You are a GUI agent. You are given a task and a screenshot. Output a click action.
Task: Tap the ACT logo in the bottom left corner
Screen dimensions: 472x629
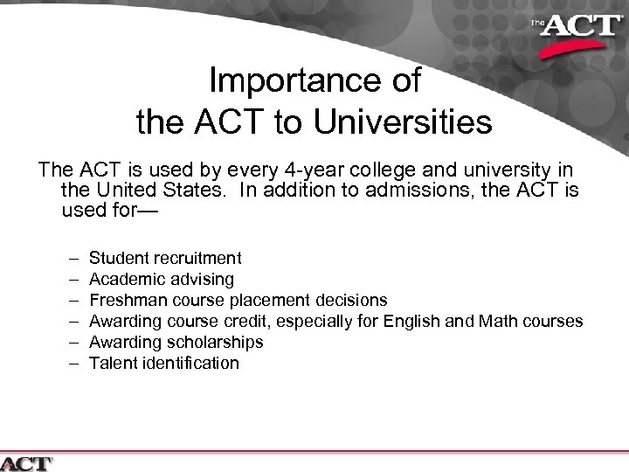[28, 462]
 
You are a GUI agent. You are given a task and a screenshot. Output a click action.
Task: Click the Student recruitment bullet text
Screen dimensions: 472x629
[165, 258]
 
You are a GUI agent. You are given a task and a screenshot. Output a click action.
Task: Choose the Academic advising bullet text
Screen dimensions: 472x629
[162, 279]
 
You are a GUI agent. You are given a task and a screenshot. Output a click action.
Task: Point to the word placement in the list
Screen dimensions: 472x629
[259, 300]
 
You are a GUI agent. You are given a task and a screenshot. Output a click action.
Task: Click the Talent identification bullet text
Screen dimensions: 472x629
[163, 363]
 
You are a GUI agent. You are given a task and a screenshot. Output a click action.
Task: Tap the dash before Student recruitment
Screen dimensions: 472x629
[69, 258]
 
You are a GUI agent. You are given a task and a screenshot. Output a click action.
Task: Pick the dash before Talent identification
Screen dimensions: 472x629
[69, 363]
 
